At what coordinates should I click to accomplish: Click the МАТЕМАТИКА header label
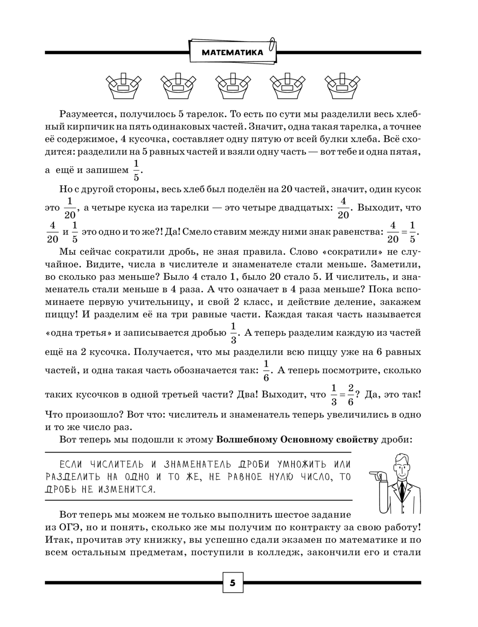tap(232, 53)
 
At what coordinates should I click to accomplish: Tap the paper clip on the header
tap(272, 43)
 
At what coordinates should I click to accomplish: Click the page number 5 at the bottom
tap(233, 583)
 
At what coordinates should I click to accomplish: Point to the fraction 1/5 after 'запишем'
tap(136, 170)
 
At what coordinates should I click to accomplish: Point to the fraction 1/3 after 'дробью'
tap(233, 333)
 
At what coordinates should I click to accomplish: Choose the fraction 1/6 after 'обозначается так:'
tap(267, 370)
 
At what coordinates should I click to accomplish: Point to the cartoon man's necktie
tap(402, 492)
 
